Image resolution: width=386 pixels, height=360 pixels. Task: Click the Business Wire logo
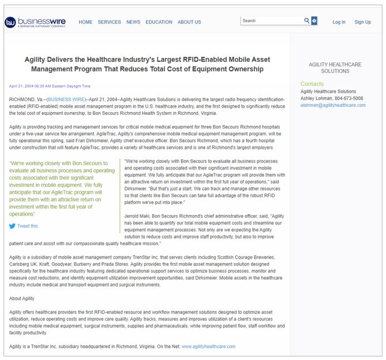click(35, 22)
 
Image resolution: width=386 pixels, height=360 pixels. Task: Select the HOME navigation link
click(86, 22)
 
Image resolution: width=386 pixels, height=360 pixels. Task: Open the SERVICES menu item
click(109, 22)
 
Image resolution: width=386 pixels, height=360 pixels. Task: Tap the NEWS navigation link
click(133, 22)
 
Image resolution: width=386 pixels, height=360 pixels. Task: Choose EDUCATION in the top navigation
click(159, 22)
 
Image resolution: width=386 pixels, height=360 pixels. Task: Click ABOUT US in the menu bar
click(189, 22)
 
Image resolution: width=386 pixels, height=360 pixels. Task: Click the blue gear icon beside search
click(314, 21)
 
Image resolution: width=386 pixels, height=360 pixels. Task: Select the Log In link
click(339, 22)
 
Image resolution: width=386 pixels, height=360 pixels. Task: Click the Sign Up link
click(363, 22)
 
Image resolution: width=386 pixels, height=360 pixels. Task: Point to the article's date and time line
click(50, 86)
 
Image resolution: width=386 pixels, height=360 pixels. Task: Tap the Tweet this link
click(27, 226)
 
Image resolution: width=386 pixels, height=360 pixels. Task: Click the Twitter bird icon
click(12, 226)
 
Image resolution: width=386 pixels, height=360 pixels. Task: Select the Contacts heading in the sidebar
click(312, 84)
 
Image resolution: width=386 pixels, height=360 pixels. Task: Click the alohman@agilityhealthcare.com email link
click(333, 105)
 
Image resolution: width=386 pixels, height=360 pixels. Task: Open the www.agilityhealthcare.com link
click(208, 346)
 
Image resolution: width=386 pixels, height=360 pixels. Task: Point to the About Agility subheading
click(22, 298)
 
